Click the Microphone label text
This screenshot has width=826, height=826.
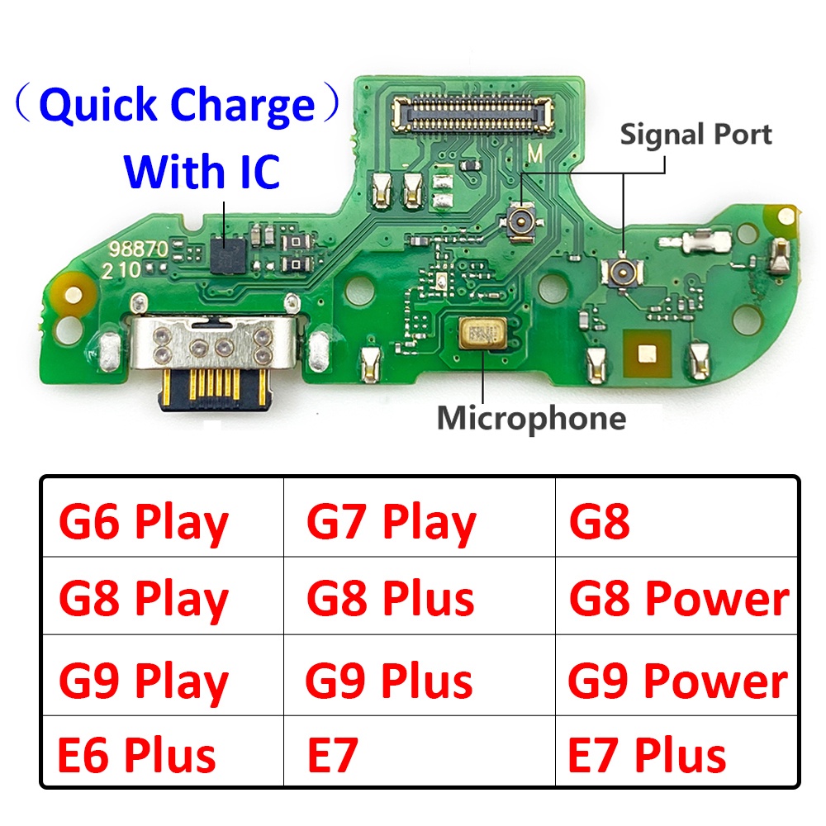(531, 418)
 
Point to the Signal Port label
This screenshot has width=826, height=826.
(696, 135)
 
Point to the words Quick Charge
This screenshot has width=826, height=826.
(177, 106)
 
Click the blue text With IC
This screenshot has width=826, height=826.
(202, 171)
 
